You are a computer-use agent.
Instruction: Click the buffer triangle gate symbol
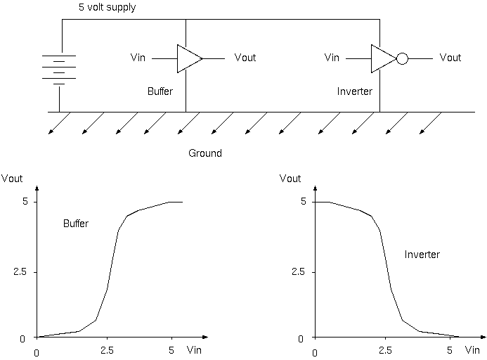pyautogui.click(x=188, y=58)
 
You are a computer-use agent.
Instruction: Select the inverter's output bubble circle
pyautogui.click(x=402, y=58)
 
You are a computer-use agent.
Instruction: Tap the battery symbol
pyautogui.click(x=59, y=70)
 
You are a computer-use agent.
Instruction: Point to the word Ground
pyautogui.click(x=205, y=153)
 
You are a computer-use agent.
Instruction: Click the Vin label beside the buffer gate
pyautogui.click(x=138, y=58)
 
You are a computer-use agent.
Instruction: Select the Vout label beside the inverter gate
pyautogui.click(x=450, y=58)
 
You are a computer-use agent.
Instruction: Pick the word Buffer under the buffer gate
pyautogui.click(x=160, y=91)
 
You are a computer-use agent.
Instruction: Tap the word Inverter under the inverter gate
pyautogui.click(x=355, y=91)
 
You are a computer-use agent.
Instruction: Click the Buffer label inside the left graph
pyautogui.click(x=76, y=224)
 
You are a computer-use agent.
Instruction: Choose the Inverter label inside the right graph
pyautogui.click(x=422, y=255)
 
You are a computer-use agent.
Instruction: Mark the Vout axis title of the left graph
pyautogui.click(x=12, y=179)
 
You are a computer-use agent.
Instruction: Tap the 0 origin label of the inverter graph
pyautogui.click(x=315, y=352)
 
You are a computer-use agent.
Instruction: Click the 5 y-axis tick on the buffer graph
pyautogui.click(x=22, y=202)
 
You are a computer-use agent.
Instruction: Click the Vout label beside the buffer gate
pyautogui.click(x=245, y=58)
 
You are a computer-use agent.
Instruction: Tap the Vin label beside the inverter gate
pyautogui.click(x=332, y=58)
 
